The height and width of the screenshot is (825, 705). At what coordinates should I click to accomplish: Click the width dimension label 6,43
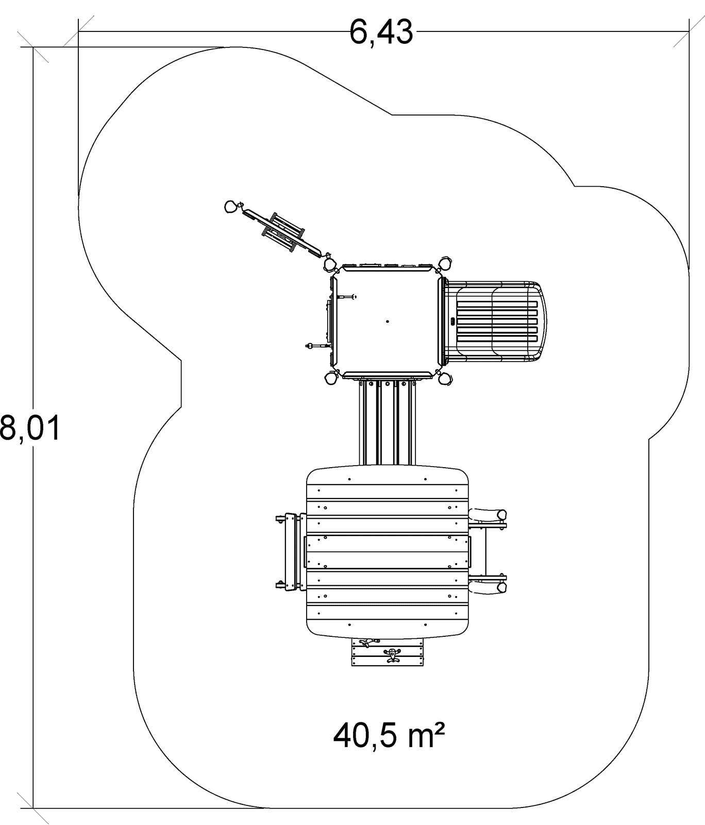point(381,32)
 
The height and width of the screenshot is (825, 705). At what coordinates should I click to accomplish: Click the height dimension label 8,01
point(30,428)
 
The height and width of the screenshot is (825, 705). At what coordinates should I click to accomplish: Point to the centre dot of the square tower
point(388,321)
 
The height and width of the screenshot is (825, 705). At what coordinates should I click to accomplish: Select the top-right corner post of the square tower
point(445,264)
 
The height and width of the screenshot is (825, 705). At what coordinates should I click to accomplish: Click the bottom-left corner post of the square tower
point(329,378)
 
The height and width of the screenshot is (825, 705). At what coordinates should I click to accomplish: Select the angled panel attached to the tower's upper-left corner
point(281,232)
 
